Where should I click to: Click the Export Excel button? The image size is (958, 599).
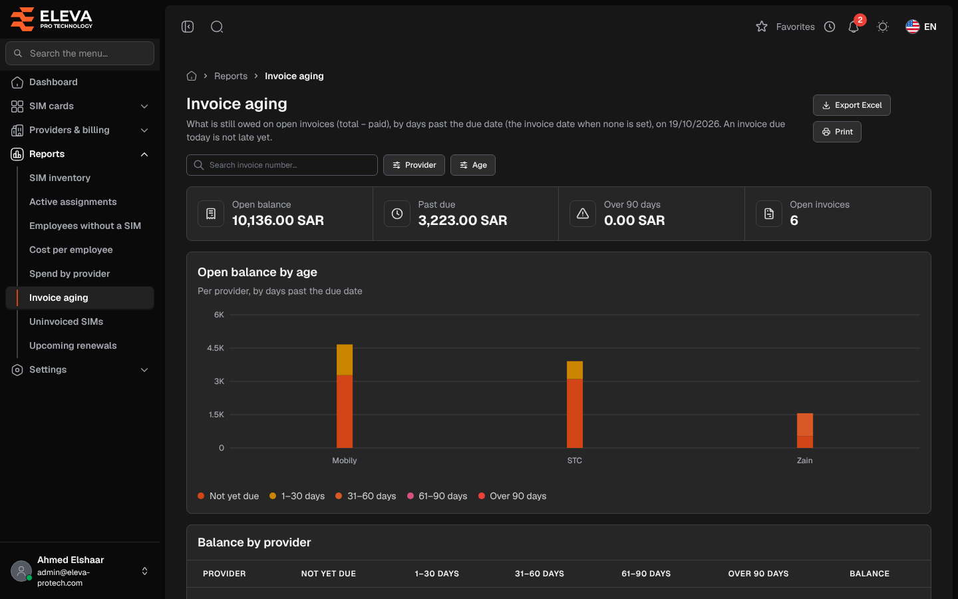[x=852, y=105]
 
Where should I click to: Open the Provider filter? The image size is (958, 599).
[x=414, y=165]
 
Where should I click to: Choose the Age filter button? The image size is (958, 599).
[x=472, y=165]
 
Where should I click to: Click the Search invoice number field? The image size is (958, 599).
[x=282, y=165]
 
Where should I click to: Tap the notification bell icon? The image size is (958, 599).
[x=853, y=27]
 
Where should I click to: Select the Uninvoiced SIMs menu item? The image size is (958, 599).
[x=67, y=321]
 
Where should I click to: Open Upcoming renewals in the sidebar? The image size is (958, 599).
[x=73, y=345]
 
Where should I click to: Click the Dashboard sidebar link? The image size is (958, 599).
[x=53, y=82]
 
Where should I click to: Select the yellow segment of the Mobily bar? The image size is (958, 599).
[x=345, y=360]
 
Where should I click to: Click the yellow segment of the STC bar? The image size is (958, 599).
[x=574, y=370]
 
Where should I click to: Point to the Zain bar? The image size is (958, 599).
[x=804, y=431]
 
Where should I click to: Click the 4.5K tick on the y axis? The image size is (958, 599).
[x=216, y=348]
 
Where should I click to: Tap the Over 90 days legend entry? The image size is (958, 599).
[x=512, y=497]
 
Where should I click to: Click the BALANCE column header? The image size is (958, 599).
[x=870, y=574]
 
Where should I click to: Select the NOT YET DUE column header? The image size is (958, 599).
[x=329, y=574]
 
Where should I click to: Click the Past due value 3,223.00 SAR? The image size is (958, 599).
[x=462, y=220]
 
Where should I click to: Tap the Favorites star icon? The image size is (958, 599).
[x=762, y=27]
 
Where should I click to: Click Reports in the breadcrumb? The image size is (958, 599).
[x=230, y=76]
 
